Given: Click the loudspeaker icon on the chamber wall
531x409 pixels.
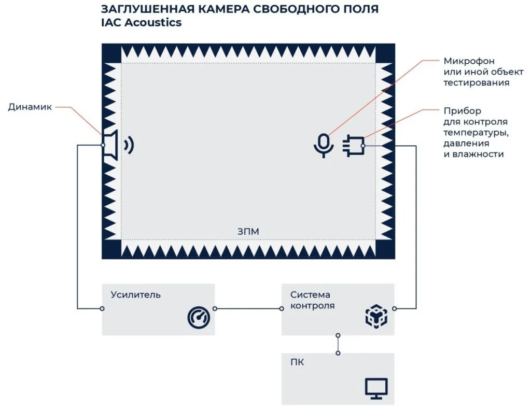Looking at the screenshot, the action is coord(111,145).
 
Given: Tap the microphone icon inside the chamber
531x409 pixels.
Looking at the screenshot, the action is coord(324,145).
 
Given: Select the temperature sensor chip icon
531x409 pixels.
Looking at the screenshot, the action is coord(353,146).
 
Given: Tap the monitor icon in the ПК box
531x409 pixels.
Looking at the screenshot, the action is coord(376,388).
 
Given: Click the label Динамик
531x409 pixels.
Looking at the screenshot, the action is coord(30,107).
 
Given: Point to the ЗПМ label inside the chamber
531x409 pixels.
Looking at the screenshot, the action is coord(248,232).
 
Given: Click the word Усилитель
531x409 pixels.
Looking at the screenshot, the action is coord(135,295).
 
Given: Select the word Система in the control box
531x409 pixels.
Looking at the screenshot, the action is coord(310,295).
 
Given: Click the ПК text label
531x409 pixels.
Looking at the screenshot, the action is coord(297,362).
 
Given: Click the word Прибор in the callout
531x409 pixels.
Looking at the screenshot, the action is coord(462,111).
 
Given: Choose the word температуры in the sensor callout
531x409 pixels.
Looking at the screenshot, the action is coord(474,133).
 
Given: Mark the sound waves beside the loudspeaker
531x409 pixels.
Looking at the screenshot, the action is coord(129,145).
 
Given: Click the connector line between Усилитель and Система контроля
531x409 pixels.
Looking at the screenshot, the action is coord(248,309).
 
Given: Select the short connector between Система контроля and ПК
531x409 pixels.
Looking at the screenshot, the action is coord(338,344).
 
